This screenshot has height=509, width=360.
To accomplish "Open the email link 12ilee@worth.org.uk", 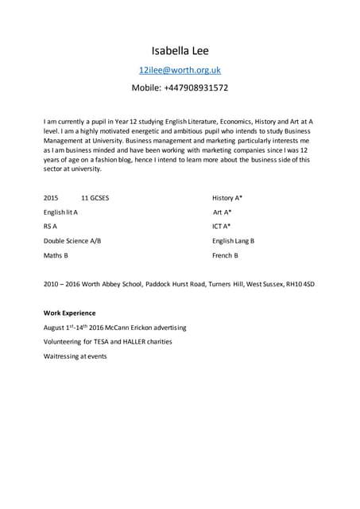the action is point(180,70).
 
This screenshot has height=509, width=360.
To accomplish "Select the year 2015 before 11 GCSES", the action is point(51,197).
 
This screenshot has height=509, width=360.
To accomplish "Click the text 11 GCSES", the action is point(95,197).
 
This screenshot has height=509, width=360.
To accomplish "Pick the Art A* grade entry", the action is point(223,212).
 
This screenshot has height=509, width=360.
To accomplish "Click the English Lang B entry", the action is point(233,241).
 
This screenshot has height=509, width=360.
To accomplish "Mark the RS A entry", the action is point(50,227).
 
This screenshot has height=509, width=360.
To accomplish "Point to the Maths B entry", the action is point(56,256).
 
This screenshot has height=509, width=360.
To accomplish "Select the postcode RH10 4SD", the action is point(300,284).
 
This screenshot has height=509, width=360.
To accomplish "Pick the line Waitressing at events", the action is point(75,356).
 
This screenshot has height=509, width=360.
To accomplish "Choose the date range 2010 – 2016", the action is point(61,284).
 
